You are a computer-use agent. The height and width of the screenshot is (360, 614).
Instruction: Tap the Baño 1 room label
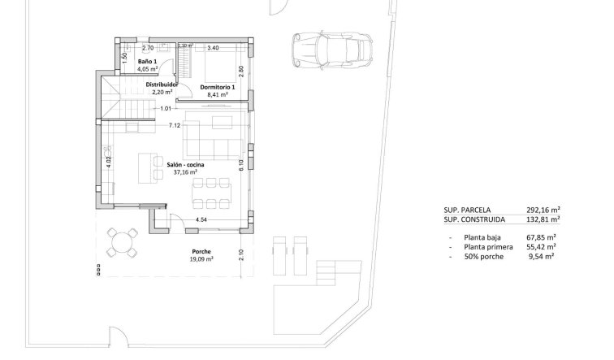(x=146, y=62)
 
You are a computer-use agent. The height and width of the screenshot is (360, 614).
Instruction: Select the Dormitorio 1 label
(x=218, y=87)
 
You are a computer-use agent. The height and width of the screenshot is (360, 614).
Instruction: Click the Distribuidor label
(x=162, y=84)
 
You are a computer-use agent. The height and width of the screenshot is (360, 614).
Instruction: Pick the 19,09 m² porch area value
(x=202, y=259)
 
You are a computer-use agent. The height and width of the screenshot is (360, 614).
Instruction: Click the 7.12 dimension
(x=174, y=125)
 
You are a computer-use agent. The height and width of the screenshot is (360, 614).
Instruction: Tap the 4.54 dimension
(x=201, y=219)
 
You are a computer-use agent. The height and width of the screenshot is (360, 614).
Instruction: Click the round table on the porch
(x=124, y=241)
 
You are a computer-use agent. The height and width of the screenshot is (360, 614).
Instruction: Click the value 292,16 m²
(x=539, y=209)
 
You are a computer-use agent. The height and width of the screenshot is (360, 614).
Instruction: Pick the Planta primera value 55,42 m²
(x=539, y=246)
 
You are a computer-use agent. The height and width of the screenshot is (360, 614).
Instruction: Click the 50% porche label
(x=484, y=256)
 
